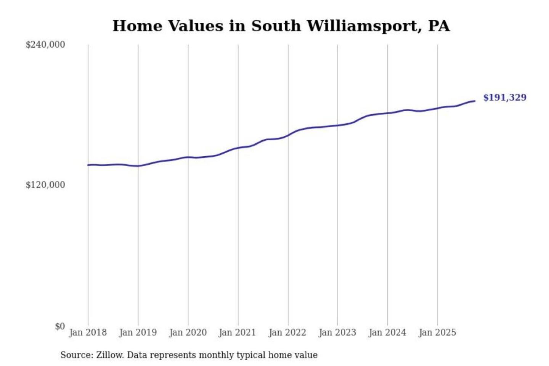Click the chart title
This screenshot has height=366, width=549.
(x=281, y=26)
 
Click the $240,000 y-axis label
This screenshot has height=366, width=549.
(x=45, y=45)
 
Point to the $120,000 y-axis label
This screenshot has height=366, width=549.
(x=45, y=185)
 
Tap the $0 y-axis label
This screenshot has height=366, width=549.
(x=60, y=326)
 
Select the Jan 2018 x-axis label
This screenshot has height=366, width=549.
(x=88, y=332)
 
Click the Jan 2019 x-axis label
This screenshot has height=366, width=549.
(x=138, y=332)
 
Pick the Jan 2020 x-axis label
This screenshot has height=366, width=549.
(x=188, y=332)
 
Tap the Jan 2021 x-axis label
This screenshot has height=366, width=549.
(x=237, y=332)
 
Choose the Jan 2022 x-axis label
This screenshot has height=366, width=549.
(x=287, y=332)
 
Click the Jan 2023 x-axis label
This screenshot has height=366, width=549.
(x=337, y=332)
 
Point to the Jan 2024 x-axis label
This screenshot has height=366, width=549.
(x=387, y=332)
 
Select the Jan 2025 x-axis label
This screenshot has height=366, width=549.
(x=437, y=332)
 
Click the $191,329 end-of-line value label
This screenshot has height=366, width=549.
(x=504, y=98)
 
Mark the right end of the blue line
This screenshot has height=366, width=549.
(x=475, y=101)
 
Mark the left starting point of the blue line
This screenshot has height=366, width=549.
(x=88, y=165)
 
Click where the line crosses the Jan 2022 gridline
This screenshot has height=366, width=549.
(x=288, y=135)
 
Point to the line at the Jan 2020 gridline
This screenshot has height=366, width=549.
(x=188, y=157)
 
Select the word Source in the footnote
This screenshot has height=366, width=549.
(x=76, y=355)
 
